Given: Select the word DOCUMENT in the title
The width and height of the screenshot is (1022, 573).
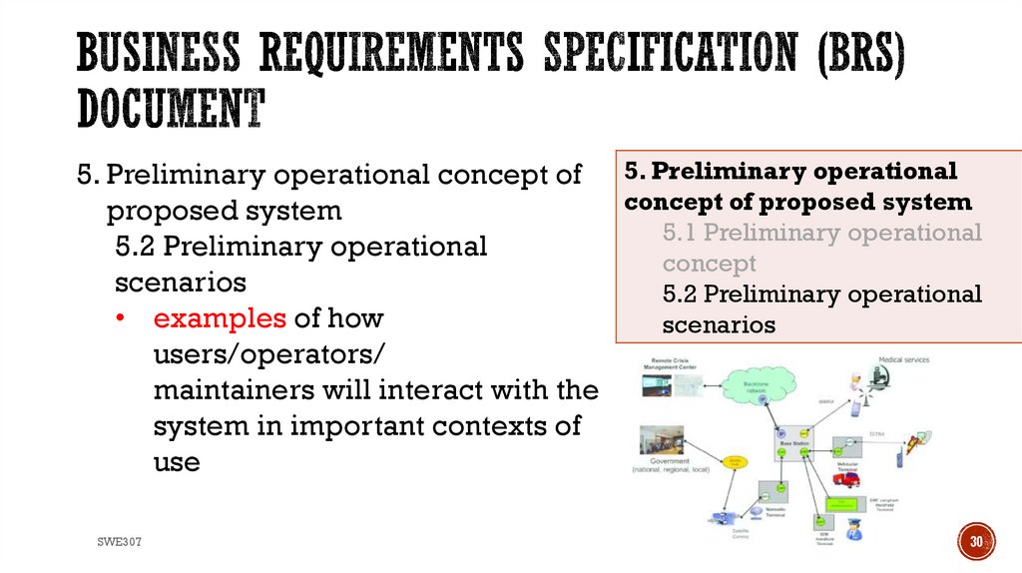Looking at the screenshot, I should (x=171, y=109).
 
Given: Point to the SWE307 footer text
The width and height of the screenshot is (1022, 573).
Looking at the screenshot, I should (x=119, y=541).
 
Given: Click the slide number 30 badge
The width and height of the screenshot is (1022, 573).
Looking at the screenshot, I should (x=977, y=541).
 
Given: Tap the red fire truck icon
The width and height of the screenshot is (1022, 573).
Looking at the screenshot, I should (x=846, y=479).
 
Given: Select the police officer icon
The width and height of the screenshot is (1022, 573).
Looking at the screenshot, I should (x=854, y=529).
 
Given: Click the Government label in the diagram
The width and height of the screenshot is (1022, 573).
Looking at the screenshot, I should (x=670, y=460).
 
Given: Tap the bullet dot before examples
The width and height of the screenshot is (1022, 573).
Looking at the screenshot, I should (x=121, y=319).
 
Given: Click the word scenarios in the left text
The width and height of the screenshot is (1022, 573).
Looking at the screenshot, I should (x=181, y=283).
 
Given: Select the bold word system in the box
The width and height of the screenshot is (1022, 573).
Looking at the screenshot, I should (x=932, y=203).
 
